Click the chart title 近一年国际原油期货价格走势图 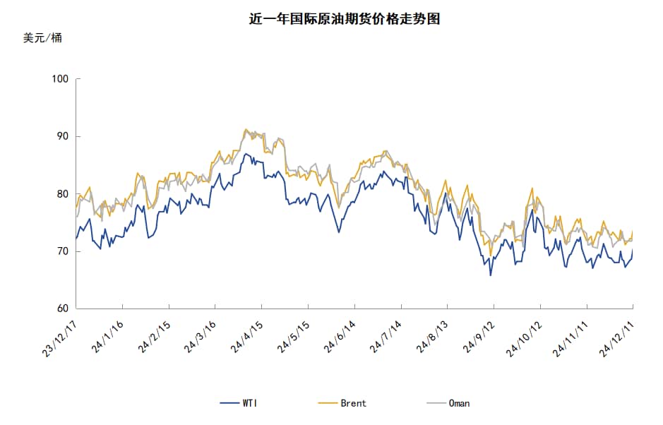tap(345, 19)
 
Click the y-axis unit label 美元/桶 tap(42, 38)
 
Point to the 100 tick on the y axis tap(61, 79)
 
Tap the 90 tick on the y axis tap(63, 136)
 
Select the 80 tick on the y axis tap(63, 194)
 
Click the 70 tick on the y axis tap(63, 251)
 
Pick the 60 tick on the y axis tap(63, 309)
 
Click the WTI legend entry tap(239, 403)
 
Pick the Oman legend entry tap(448, 403)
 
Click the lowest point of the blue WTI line tap(490, 275)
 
